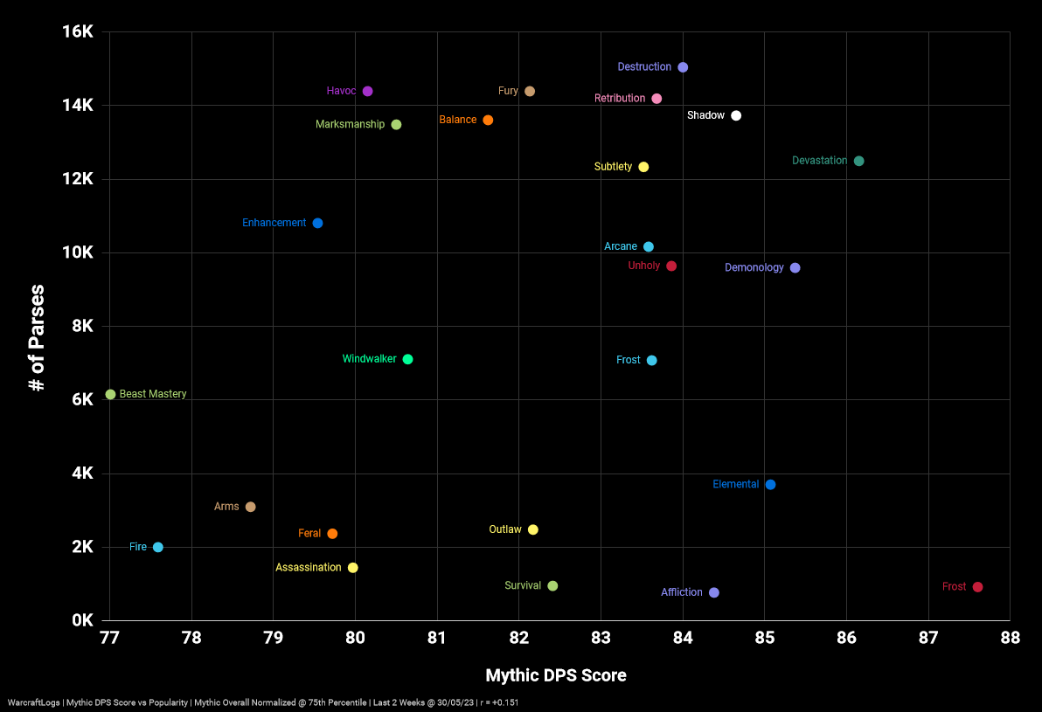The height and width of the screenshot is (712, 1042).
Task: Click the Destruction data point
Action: pos(683,67)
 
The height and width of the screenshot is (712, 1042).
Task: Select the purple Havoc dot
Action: pos(368,92)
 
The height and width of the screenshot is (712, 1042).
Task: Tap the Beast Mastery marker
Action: pos(110,395)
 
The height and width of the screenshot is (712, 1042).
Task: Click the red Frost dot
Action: pos(977,587)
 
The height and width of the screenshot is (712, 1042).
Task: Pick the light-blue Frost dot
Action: pos(651,361)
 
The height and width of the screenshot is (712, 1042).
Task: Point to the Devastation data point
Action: pos(858,161)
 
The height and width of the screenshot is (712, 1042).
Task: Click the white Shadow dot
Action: pos(736,116)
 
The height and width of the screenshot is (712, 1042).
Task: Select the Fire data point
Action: pos(158,548)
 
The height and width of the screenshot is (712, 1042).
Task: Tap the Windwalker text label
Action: pos(369,359)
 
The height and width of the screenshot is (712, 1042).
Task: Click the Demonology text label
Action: pos(754,268)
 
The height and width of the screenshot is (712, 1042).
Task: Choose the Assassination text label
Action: pos(308,568)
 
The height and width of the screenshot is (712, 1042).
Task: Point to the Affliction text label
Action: pos(681,592)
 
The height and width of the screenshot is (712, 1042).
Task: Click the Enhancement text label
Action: pos(274,224)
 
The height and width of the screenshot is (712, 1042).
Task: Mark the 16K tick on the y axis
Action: pos(77,32)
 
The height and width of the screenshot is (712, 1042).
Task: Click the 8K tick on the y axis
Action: pos(82,327)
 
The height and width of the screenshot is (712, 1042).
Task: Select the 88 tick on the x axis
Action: pos(1010,639)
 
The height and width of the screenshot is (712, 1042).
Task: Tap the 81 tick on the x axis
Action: pos(437,639)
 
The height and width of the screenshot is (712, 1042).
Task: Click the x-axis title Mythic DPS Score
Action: pos(556,676)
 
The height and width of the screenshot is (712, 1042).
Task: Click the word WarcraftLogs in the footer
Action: pos(34,702)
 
